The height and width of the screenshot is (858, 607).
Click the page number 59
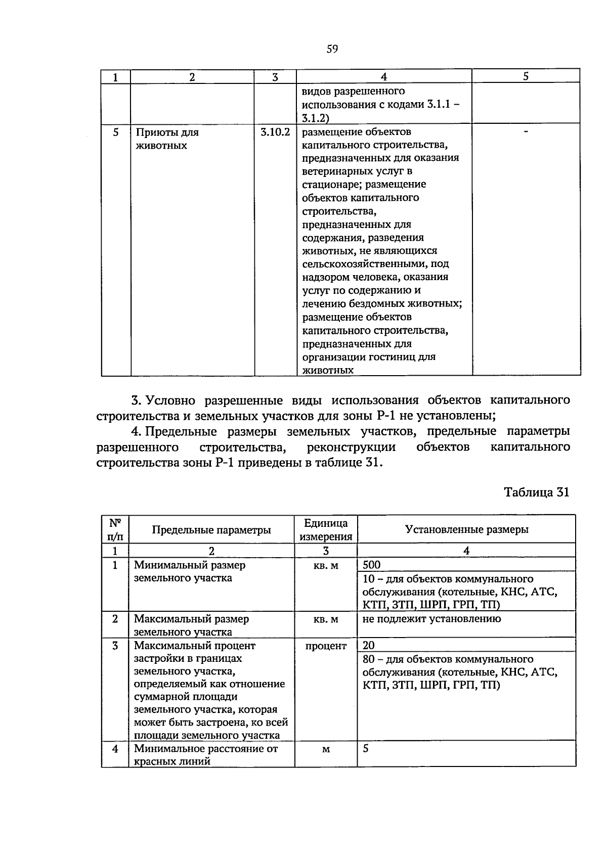coord(332,49)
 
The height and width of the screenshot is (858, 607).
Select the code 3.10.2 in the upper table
coord(275,132)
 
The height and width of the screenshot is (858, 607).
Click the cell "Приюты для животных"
coord(167,139)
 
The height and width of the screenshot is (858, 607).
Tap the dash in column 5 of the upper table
coord(526,131)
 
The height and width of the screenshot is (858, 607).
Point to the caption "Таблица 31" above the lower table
coord(537,492)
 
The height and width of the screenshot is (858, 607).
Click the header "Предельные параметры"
coord(211,530)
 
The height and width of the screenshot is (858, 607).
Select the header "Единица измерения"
coord(326,530)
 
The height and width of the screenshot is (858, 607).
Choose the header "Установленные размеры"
coord(466,529)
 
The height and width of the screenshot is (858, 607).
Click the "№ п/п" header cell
coord(115,529)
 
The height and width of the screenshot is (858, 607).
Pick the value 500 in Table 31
coord(372,565)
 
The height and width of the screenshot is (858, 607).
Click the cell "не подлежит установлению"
coord(432,619)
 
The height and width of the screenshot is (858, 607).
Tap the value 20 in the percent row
coord(369,645)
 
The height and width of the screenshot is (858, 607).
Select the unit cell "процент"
coord(326,646)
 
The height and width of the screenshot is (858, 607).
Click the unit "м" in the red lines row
coord(326,749)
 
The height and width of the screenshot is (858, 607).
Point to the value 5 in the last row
coord(366,748)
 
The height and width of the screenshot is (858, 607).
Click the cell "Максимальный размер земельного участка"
coord(191,625)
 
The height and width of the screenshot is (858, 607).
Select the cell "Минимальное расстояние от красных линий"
coord(205,755)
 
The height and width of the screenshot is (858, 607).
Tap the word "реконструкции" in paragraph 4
coord(351,447)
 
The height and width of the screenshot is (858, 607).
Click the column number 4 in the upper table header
coord(384,77)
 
